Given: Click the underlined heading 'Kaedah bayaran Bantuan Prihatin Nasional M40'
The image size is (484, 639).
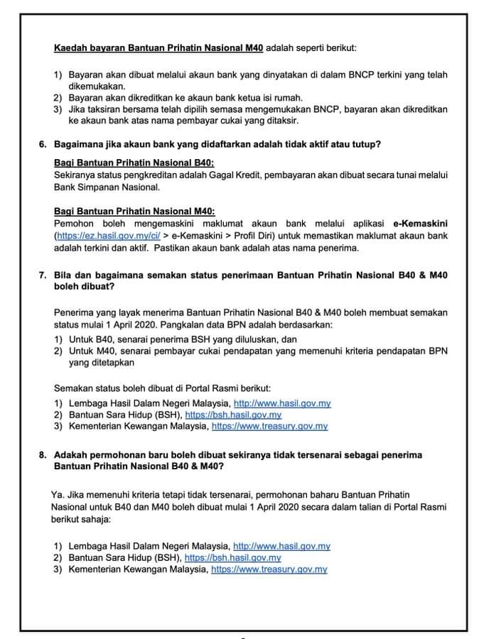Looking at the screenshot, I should point(158,48).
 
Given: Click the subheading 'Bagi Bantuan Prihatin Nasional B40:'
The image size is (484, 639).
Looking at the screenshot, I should point(114,163).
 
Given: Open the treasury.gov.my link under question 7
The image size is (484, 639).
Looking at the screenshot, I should point(269,427).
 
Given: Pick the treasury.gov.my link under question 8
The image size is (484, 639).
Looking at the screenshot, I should point(269,570).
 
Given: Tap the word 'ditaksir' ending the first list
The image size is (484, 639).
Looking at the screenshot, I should point(293,121).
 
